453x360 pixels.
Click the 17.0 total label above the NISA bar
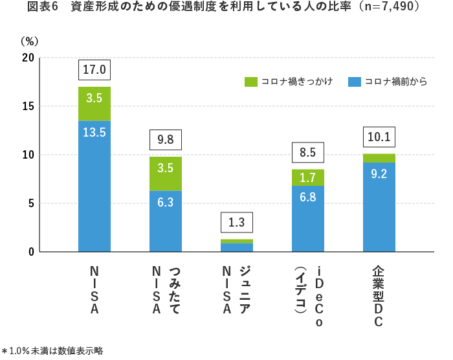click(x=94, y=69)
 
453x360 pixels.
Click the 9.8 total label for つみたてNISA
click(x=166, y=139)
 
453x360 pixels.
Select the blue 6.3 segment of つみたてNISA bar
click(x=166, y=221)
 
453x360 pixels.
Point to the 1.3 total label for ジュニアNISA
click(x=237, y=222)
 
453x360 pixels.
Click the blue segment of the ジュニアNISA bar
click(x=237, y=247)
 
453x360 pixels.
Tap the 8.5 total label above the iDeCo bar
click(x=308, y=152)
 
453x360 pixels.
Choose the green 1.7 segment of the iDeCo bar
click(x=308, y=177)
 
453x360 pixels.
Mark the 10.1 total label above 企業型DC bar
click(x=379, y=137)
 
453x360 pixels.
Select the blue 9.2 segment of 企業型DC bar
click(x=379, y=207)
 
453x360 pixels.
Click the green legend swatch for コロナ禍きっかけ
click(x=251, y=82)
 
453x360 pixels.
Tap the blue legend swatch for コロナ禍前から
click(x=354, y=82)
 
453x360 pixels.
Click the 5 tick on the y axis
click(x=31, y=203)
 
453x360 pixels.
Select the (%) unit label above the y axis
click(x=30, y=41)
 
